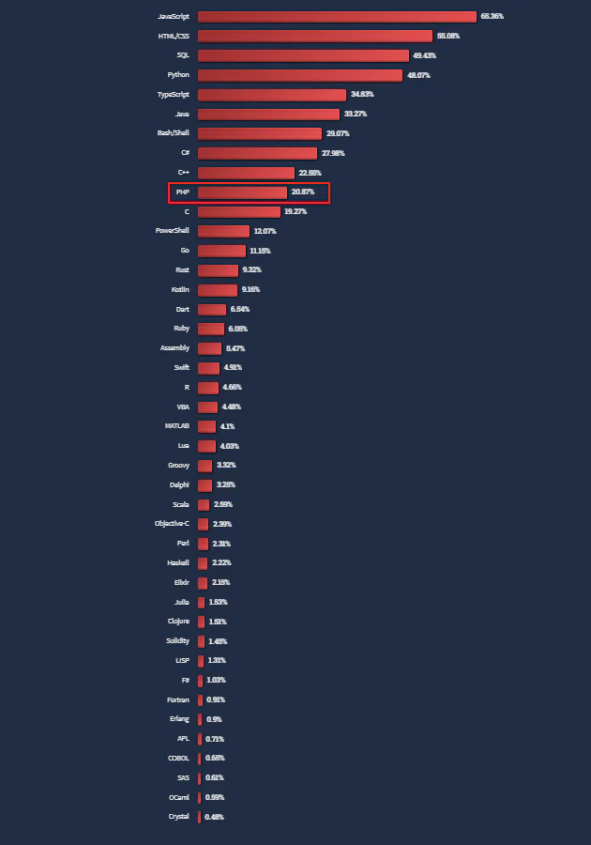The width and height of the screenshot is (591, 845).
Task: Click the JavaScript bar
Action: click(x=337, y=16)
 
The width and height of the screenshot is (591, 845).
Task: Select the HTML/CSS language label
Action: click(x=173, y=36)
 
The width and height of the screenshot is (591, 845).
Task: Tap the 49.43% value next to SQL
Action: click(x=424, y=55)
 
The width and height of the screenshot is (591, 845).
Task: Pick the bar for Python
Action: click(x=299, y=75)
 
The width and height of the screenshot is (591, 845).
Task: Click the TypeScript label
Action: click(x=173, y=95)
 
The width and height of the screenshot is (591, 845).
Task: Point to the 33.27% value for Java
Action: click(x=356, y=114)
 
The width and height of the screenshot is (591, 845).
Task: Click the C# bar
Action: click(x=257, y=153)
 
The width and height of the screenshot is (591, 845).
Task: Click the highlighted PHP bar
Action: click(x=242, y=192)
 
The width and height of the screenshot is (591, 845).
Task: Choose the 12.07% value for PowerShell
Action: click(x=265, y=231)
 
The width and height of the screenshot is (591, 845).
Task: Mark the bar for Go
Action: click(x=221, y=251)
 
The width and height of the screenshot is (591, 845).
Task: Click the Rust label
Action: click(x=182, y=270)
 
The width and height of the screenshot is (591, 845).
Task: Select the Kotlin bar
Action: click(x=217, y=290)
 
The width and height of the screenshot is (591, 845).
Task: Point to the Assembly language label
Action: click(x=174, y=348)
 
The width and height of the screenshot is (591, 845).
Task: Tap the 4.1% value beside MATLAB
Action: click(x=228, y=426)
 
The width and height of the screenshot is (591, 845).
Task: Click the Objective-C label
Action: click(x=172, y=524)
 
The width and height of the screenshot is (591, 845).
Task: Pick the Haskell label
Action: click(x=178, y=563)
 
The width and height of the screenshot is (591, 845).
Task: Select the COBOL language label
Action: click(x=178, y=759)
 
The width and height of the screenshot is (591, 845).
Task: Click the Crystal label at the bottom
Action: click(x=178, y=817)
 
